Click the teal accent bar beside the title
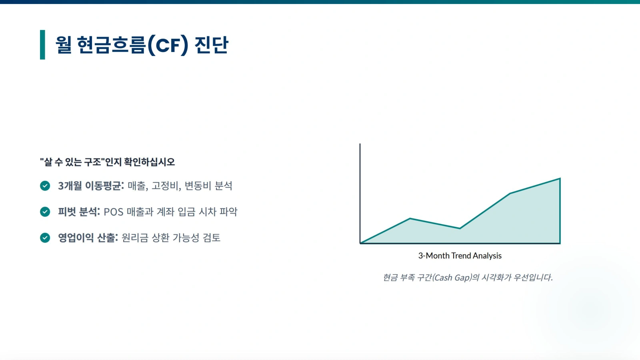click(x=42, y=44)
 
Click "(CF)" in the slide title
click(x=168, y=45)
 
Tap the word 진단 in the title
click(x=212, y=45)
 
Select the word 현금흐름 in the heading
click(x=112, y=45)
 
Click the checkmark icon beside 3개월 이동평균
click(x=45, y=186)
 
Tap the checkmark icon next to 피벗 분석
click(x=45, y=212)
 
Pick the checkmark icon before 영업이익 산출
click(x=45, y=238)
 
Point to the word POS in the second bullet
click(x=114, y=212)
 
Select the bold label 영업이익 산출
click(x=88, y=238)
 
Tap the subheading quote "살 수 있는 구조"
click(x=72, y=162)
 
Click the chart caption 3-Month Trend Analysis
click(x=460, y=256)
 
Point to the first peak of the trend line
click(x=410, y=218)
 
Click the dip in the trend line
click(x=460, y=228)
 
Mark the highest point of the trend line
click(x=560, y=178)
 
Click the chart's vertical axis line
click(x=360, y=194)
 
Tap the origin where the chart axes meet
click(x=360, y=244)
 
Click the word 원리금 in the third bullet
click(x=135, y=238)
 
